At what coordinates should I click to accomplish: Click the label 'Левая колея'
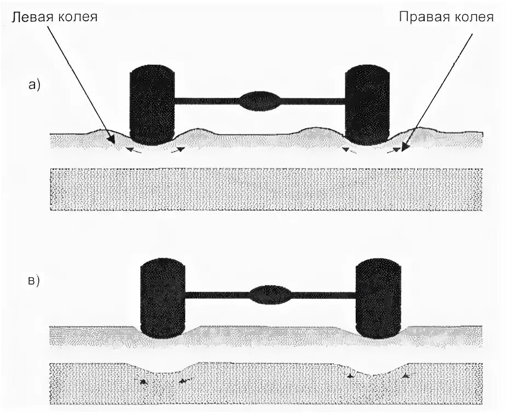click(x=54, y=18)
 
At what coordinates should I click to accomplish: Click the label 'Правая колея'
click(x=446, y=18)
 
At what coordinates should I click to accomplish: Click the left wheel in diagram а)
click(x=152, y=105)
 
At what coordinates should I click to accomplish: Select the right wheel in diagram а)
click(x=367, y=105)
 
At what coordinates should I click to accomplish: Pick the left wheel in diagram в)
click(x=163, y=298)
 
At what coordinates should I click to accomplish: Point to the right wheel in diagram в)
click(x=378, y=298)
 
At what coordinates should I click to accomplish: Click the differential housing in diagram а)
click(x=260, y=101)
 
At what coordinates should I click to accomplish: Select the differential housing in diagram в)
click(x=270, y=295)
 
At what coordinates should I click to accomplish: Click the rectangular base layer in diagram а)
click(x=266, y=189)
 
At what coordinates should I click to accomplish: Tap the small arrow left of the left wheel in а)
click(x=134, y=149)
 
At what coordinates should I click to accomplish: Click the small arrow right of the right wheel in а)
click(x=392, y=150)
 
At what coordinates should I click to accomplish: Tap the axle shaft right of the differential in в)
click(x=323, y=295)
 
